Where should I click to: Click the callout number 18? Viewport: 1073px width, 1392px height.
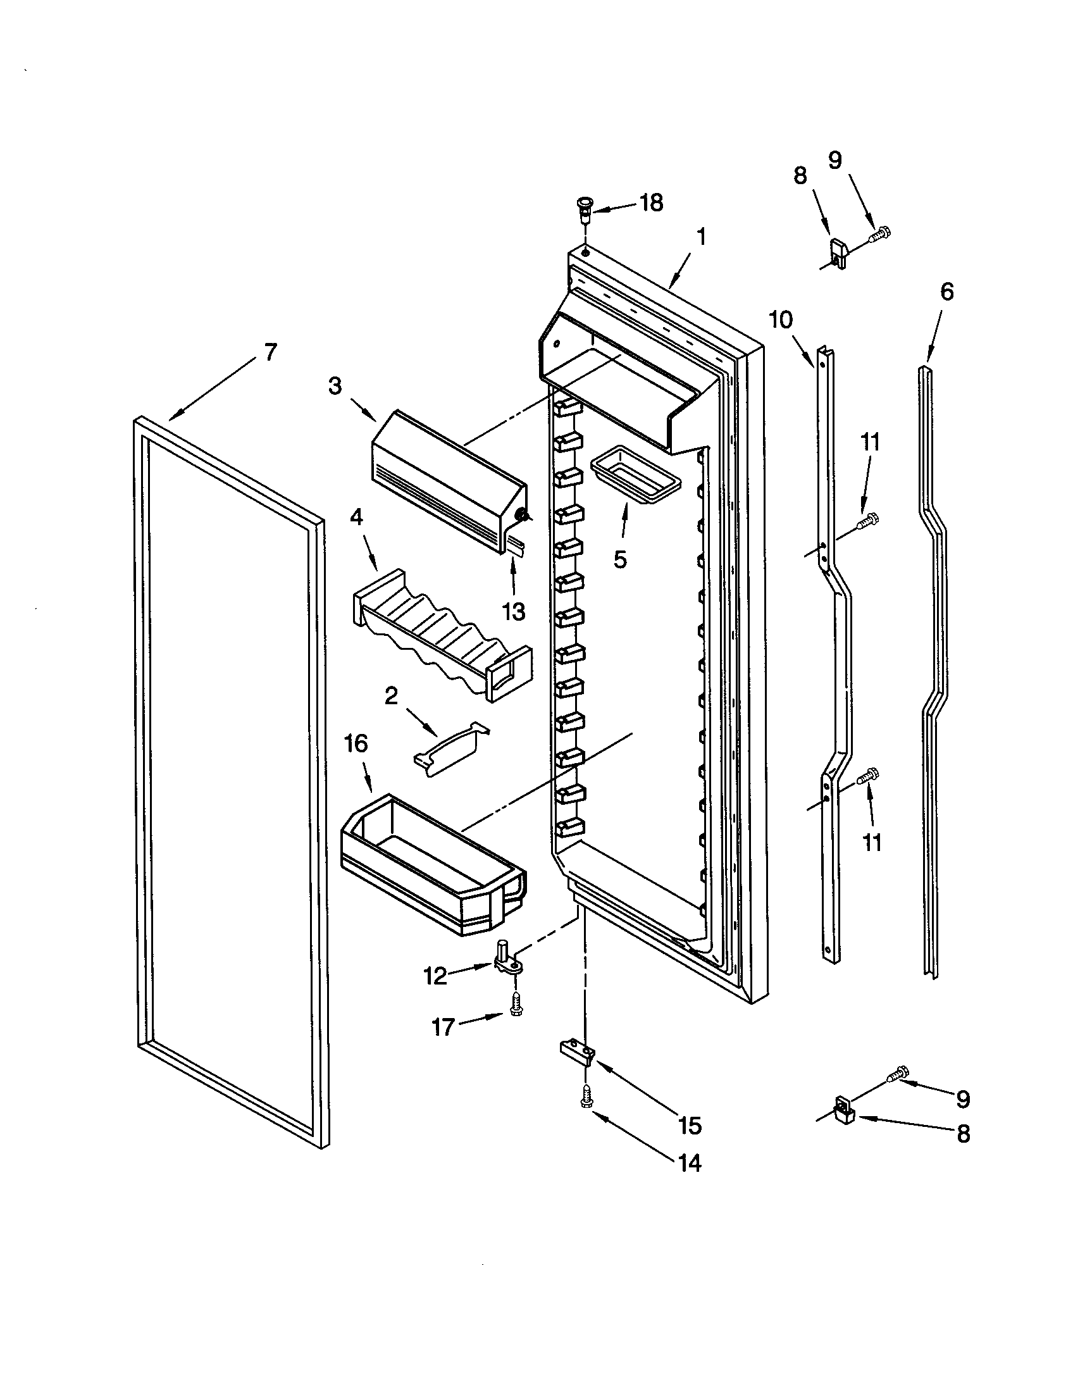point(651,202)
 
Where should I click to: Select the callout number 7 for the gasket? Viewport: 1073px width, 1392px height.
point(270,351)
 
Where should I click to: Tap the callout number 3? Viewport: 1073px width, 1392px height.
point(335,385)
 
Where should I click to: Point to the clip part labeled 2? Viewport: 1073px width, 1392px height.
point(451,749)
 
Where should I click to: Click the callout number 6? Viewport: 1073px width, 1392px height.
point(947,292)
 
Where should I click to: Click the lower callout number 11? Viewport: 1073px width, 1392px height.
point(871,842)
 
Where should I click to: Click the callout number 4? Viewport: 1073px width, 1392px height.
point(357,517)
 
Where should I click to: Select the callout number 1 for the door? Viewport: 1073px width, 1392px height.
point(701,237)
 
